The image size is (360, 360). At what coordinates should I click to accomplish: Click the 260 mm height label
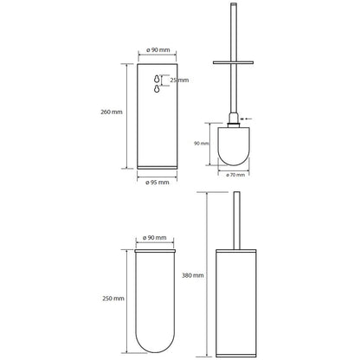112,112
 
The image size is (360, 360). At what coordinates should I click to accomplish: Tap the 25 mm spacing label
179,80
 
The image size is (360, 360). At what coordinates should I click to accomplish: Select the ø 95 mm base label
157,183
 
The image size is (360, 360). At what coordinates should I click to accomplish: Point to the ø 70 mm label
235,175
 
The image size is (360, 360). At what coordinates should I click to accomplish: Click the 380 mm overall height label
193,275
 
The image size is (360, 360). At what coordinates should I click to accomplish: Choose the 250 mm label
113,299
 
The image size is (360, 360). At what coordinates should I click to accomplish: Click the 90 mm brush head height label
202,144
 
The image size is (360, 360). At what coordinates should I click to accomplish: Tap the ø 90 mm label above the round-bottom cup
155,238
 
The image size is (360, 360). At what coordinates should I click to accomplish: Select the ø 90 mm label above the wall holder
157,50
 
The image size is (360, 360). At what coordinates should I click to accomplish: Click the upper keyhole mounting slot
157,79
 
